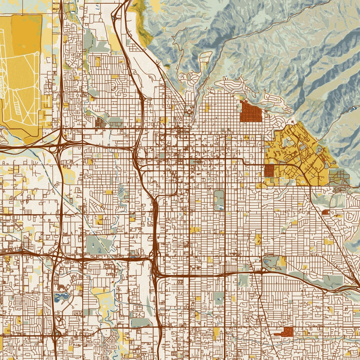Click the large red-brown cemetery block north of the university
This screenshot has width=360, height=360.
pyautogui.click(x=251, y=111)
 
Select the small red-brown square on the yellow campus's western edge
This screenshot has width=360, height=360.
pyautogui.click(x=269, y=171)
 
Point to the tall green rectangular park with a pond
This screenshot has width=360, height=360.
pyautogui.click(x=219, y=200)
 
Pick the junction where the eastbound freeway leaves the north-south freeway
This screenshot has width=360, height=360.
pyautogui.click(x=155, y=276)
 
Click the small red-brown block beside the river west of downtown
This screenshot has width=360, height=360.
pyautogui.click(x=99, y=122)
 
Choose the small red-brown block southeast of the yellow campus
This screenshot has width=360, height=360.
pyautogui.click(x=325, y=211)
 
